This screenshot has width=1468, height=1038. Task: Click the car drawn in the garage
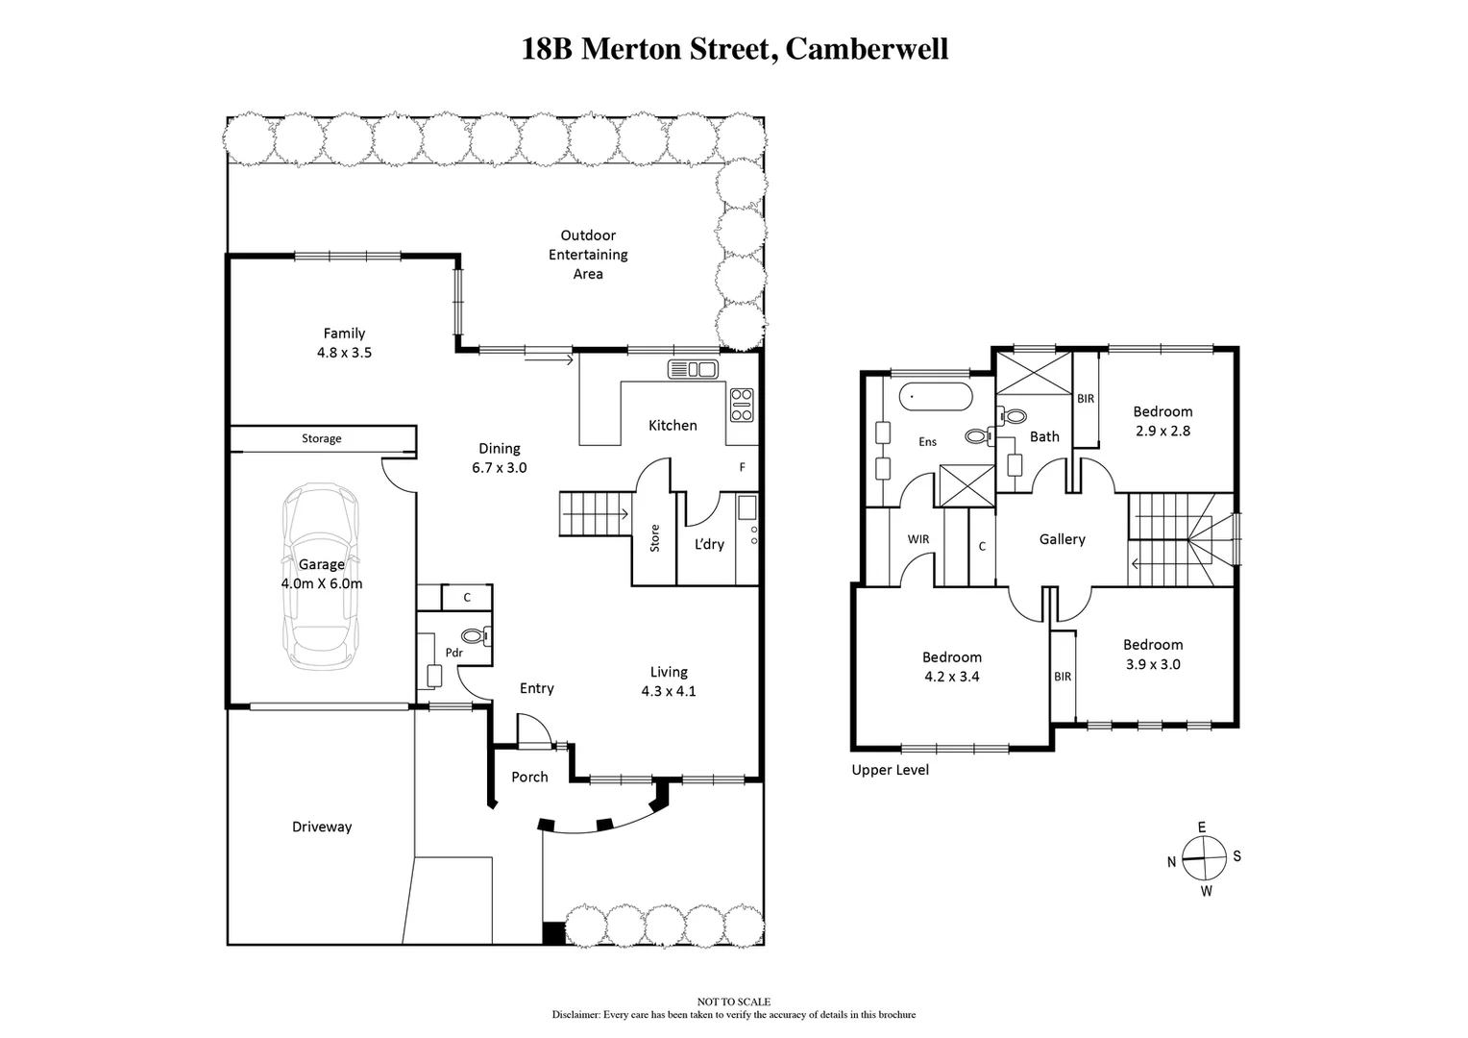(321, 577)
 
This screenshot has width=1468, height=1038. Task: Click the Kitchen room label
(673, 426)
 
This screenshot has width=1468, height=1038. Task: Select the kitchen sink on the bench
(692, 369)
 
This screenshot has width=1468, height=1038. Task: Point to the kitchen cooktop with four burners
(742, 405)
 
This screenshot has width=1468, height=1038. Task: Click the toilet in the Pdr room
(476, 635)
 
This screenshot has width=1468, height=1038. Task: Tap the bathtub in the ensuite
(935, 396)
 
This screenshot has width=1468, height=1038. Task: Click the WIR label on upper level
(918, 539)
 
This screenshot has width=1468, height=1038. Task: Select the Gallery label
(1062, 540)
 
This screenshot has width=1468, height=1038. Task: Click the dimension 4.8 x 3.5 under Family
(344, 353)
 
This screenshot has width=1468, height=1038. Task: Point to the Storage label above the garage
(321, 439)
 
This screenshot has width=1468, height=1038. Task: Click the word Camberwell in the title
(867, 49)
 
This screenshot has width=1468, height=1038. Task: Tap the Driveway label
(322, 827)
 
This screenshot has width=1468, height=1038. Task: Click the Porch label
(529, 777)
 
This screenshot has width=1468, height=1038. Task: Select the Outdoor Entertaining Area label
(588, 255)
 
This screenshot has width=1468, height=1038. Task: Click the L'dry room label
(709, 544)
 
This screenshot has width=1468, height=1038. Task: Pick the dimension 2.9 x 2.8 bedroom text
(1162, 432)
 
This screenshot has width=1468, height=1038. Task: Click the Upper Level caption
(890, 770)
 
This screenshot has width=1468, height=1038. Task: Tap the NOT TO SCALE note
(734, 1002)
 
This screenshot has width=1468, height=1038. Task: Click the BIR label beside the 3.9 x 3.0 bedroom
(1063, 677)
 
